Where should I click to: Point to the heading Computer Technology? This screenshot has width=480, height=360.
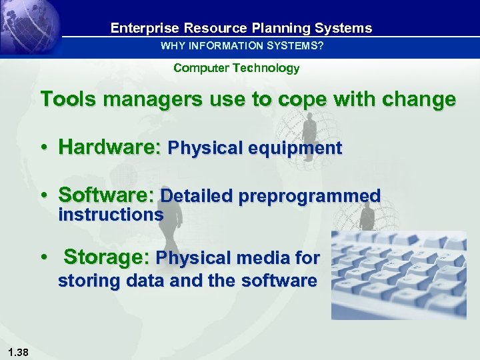click(236, 68)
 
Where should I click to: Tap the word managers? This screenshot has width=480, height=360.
click(146, 100)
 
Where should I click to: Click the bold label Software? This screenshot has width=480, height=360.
click(107, 196)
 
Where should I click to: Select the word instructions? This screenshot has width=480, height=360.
click(111, 215)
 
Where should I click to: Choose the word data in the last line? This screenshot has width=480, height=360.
click(146, 281)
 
